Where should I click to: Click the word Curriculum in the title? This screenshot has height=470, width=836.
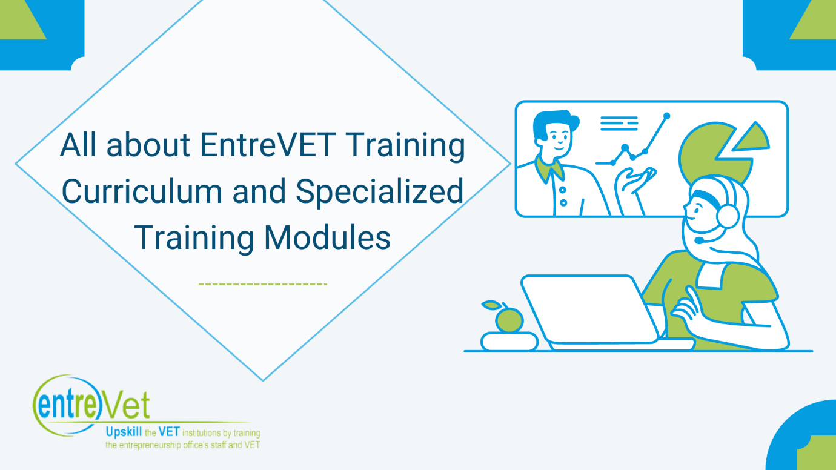pyautogui.click(x=142, y=191)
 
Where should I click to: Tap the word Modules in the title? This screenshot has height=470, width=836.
pyautogui.click(x=327, y=237)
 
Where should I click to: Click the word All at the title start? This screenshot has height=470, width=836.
pyautogui.click(x=79, y=145)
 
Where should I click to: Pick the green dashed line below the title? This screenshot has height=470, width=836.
pyautogui.click(x=263, y=284)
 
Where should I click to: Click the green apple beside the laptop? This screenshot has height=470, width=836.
pyautogui.click(x=509, y=320)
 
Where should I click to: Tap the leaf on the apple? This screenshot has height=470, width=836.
pyautogui.click(x=491, y=305)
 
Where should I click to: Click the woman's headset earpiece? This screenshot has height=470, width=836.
pyautogui.click(x=728, y=216)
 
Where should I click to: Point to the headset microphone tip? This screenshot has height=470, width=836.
pyautogui.click(x=699, y=240)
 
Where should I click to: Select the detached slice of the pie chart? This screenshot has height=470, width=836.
pyautogui.click(x=751, y=139)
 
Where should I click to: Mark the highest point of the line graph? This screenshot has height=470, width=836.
pyautogui.click(x=667, y=116)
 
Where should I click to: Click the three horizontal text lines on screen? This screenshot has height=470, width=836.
pyautogui.click(x=619, y=124)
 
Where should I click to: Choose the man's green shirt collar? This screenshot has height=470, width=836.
pyautogui.click(x=549, y=168)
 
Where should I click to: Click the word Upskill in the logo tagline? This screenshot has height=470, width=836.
pyautogui.click(x=124, y=432)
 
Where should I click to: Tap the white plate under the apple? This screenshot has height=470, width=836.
pyautogui.click(x=510, y=341)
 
